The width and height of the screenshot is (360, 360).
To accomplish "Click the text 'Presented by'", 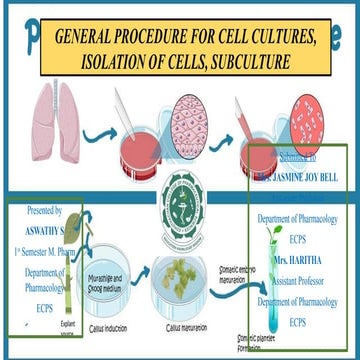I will click(x=40, y=212).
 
